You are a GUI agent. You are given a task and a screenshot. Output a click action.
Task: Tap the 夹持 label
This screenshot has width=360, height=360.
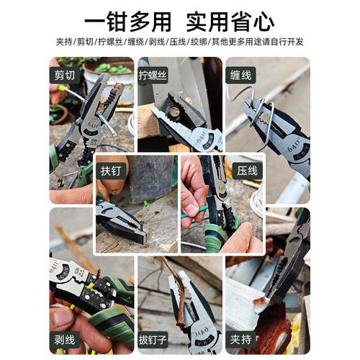click(x=243, y=335)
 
